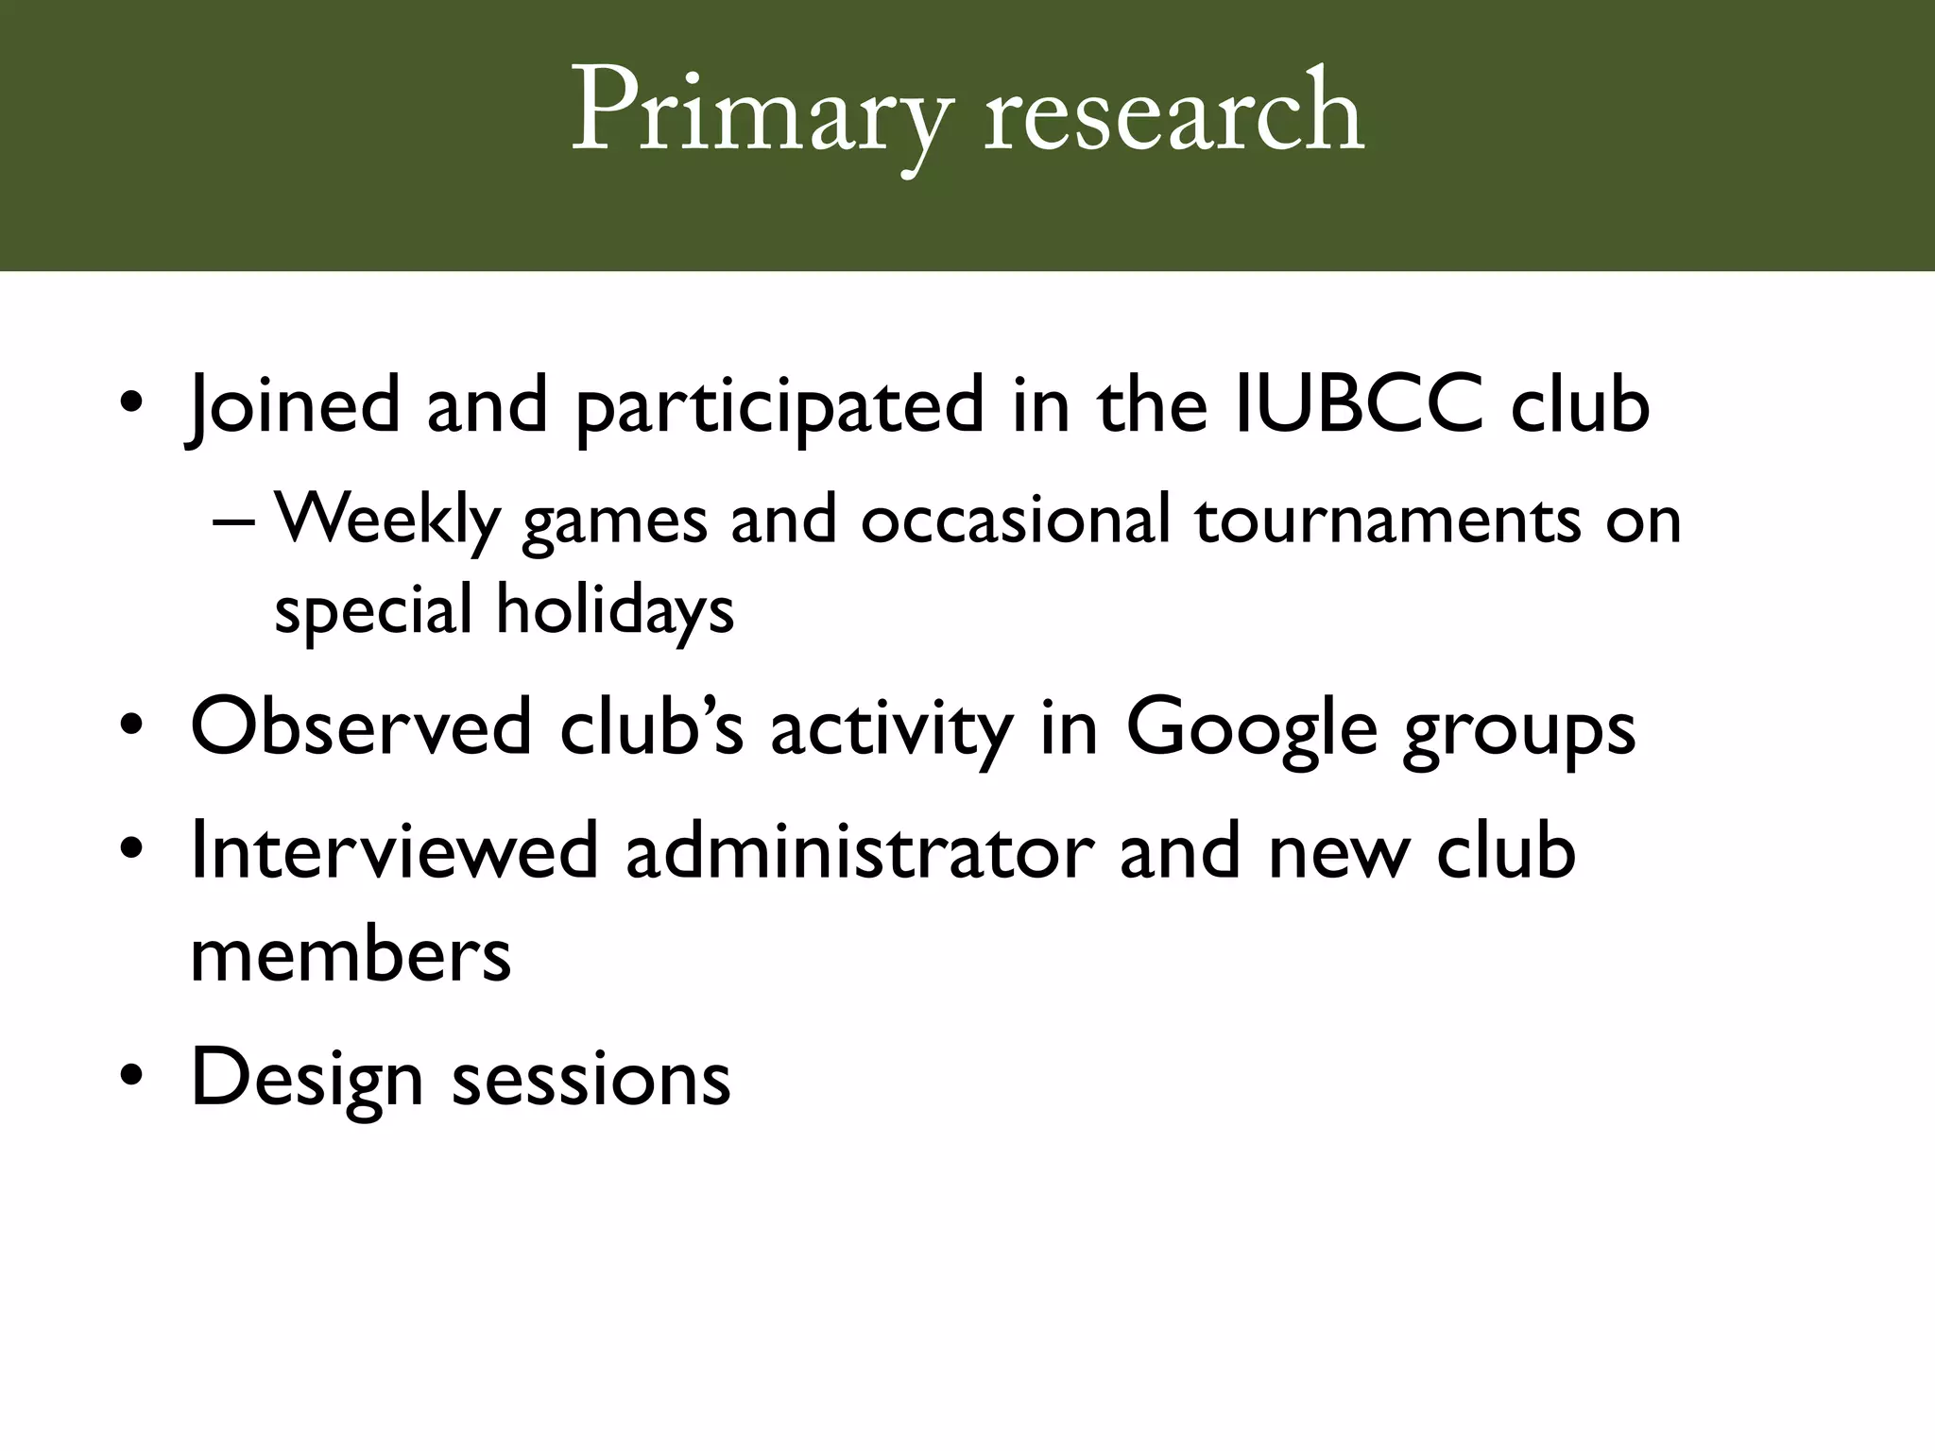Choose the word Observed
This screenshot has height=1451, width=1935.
click(361, 728)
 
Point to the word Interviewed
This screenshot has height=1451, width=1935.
click(394, 851)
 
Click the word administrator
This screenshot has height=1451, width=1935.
click(860, 851)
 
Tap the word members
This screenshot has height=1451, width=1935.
click(351, 955)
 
